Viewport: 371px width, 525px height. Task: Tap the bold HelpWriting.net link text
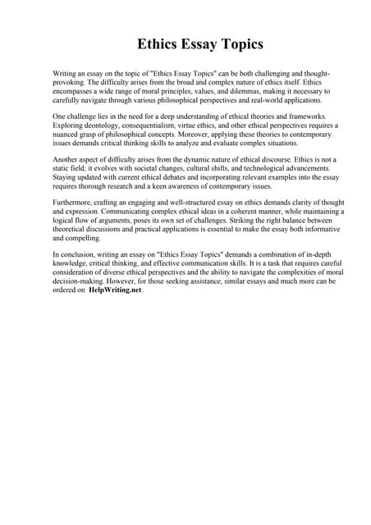pos(115,289)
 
